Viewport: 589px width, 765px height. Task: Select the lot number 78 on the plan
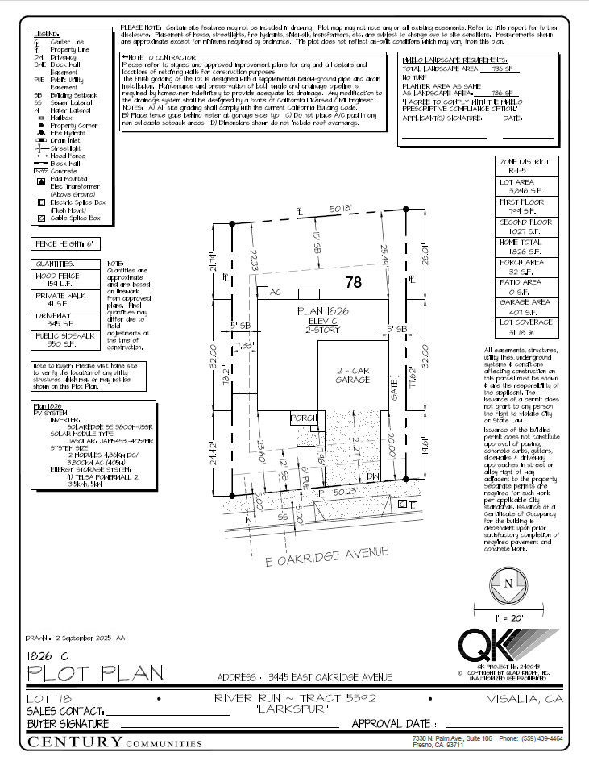coord(353,282)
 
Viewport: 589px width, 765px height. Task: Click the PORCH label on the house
coord(303,418)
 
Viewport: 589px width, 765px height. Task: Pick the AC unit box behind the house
coord(263,292)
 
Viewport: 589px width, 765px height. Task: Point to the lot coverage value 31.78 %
coord(516,332)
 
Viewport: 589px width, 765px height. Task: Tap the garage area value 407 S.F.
coord(516,311)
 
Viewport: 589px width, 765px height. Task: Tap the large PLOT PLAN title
coord(96,671)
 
